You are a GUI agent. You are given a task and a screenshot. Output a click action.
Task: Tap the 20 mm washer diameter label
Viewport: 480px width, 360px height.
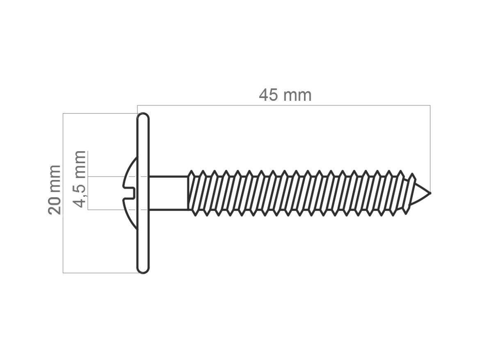(x=55, y=189)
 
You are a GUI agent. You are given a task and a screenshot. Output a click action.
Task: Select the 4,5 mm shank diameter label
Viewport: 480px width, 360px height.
(x=80, y=179)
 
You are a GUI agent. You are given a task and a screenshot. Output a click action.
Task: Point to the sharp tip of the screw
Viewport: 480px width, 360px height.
(x=430, y=193)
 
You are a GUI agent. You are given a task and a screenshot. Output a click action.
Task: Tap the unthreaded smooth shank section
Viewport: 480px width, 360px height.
(x=168, y=193)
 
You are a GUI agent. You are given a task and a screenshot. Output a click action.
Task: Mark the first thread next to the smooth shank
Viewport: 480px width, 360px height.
(x=192, y=193)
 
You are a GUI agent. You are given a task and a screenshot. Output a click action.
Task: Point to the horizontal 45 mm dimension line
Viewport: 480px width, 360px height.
(x=284, y=105)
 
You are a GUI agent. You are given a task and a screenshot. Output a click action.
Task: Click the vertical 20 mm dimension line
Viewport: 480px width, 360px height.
(x=63, y=193)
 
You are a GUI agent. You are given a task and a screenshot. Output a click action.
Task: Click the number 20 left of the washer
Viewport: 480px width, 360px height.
(x=55, y=205)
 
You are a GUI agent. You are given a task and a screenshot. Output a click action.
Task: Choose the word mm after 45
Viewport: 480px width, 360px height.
(x=297, y=97)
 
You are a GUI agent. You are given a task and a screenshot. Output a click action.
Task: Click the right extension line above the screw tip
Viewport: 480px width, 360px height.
(x=430, y=148)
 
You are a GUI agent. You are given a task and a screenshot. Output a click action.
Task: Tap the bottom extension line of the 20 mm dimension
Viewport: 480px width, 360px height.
(x=100, y=273)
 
